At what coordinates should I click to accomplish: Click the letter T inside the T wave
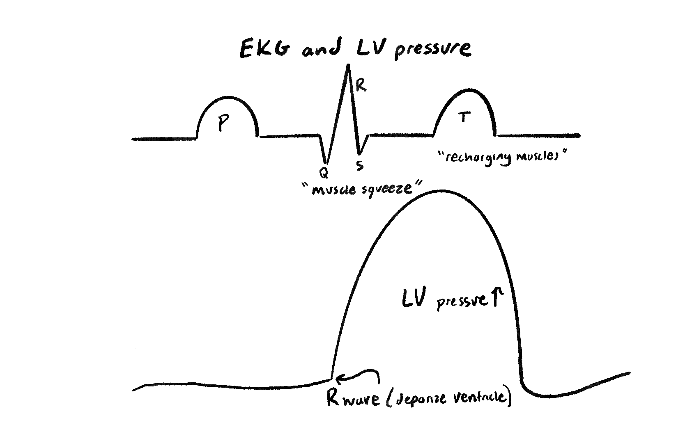463,118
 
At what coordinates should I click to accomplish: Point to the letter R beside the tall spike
361,85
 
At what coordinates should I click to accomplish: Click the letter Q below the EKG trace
324,173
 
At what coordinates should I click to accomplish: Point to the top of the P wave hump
227,97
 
